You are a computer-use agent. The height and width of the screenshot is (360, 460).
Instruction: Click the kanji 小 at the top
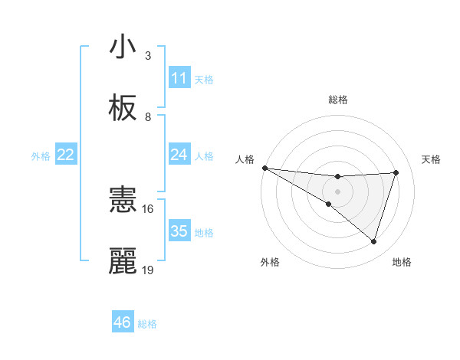click(123, 47)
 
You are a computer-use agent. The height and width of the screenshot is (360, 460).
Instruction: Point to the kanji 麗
click(123, 262)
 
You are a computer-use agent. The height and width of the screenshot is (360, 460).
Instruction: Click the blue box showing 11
click(179, 78)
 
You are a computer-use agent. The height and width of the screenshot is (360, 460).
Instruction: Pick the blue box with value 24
click(179, 155)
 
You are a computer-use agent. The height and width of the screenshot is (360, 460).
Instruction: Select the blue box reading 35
click(179, 231)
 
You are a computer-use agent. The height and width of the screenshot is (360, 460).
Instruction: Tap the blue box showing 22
click(66, 155)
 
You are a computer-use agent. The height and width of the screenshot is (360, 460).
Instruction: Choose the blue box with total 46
click(123, 322)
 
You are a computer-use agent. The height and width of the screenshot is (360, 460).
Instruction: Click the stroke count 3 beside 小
click(149, 55)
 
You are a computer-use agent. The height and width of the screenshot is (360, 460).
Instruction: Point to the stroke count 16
click(147, 208)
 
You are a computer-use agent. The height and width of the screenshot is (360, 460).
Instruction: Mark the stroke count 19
click(147, 270)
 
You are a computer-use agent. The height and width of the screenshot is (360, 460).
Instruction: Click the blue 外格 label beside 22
click(41, 155)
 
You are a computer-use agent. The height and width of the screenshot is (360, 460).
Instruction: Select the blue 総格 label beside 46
click(147, 323)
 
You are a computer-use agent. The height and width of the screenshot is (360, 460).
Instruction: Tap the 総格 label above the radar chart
click(338, 100)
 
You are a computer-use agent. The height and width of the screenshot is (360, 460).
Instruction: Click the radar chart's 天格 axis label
click(432, 159)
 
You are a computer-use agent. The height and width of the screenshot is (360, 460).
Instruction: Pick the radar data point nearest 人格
click(264, 168)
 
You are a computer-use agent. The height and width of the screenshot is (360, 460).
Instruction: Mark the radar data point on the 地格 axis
click(374, 241)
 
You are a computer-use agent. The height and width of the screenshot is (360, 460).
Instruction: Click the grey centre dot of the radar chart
click(338, 191)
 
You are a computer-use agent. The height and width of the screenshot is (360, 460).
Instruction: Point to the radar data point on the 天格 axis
click(396, 172)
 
